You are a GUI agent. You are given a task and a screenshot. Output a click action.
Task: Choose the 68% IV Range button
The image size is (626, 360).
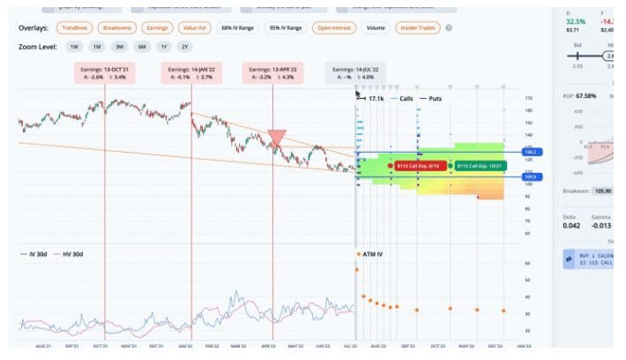237,28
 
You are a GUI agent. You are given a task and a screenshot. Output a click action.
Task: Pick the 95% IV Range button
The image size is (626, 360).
286,28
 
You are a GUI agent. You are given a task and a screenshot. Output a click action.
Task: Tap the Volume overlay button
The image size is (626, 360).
375,28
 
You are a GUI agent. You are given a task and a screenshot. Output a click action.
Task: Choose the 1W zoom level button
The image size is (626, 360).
74,46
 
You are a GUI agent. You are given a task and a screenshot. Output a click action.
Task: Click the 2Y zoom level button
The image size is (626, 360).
184,46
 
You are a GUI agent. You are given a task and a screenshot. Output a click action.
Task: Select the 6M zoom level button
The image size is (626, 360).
140,46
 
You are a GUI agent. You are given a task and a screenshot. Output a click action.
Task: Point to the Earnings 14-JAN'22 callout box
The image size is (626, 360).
191,73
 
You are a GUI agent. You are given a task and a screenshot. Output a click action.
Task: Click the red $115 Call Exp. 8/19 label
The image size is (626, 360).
418,165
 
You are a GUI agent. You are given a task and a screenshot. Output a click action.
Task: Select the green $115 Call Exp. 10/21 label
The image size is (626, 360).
479,165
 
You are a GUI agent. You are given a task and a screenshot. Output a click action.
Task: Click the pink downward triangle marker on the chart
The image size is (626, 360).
277,138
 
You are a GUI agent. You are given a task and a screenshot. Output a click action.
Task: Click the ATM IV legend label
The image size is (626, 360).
372,254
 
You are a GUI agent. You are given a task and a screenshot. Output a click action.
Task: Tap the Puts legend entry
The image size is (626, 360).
432,99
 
